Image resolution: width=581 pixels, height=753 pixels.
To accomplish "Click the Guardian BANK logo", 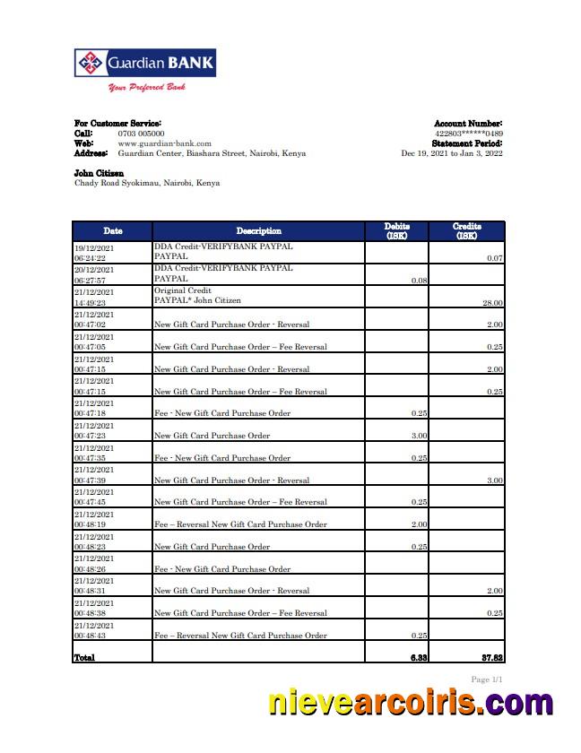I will coord(144,64).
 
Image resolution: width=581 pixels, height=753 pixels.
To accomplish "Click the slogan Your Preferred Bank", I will coord(146,88).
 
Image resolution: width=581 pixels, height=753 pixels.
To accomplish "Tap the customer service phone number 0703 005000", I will coord(141,134).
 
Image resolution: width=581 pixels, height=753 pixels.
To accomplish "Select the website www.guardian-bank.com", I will coord(164,143).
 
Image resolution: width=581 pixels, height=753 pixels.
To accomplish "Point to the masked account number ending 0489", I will coord(468,134).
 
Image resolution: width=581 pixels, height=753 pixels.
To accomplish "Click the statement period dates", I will coord(451,153).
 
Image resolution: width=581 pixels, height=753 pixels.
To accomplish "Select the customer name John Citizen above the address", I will coord(99,173).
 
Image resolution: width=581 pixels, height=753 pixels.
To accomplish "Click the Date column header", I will coord(112,231).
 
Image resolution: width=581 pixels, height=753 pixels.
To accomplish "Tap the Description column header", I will coord(258,231).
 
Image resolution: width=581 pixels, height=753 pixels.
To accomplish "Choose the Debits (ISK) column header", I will coord(397,231).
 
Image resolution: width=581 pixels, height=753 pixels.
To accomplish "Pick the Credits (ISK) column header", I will coord(467,231).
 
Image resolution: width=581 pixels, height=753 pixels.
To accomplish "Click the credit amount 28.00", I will coord(493,303).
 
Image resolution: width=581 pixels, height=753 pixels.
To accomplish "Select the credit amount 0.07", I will coord(495,258).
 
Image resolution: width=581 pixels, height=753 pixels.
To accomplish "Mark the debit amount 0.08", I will coord(419,281).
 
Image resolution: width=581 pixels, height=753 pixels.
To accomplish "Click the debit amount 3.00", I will coord(419,436).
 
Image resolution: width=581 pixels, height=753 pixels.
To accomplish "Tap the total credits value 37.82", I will coord(491,657).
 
